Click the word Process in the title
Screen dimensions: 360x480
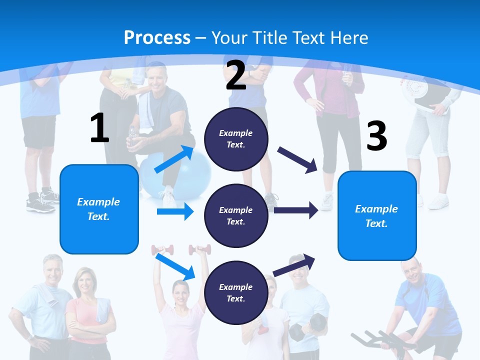tap(157, 37)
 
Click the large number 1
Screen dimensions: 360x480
tap(99, 128)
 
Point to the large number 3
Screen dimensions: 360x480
tap(377, 136)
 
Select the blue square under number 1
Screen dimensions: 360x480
tap(99, 209)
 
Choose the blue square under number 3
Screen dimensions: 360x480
tap(377, 216)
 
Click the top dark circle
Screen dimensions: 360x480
tap(236, 139)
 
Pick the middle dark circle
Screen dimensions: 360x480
tap(236, 215)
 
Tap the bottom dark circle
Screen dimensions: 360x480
tap(236, 292)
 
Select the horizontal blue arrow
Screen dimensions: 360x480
tap(175, 211)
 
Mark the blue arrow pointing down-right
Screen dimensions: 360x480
tap(175, 266)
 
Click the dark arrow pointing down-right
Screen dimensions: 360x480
tap(297, 160)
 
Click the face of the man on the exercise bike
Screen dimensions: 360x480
tap(411, 270)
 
